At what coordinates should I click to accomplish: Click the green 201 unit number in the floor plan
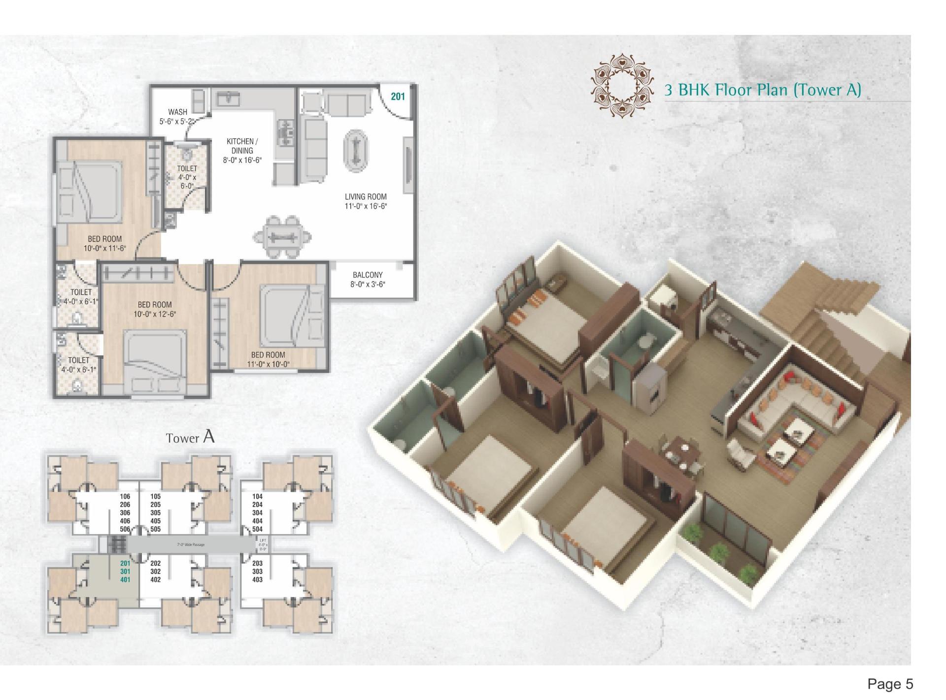tap(398, 96)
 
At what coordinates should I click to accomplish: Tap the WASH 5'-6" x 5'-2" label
tap(177, 117)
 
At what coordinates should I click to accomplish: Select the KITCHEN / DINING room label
tap(242, 150)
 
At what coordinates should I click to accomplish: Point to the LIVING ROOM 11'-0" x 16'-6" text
tap(366, 201)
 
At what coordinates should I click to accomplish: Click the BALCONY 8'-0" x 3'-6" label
tap(368, 280)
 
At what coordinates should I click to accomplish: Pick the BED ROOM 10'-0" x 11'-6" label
tap(105, 244)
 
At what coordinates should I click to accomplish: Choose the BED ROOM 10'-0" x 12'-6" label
tap(155, 309)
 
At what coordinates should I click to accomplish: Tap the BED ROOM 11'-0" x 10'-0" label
tap(268, 359)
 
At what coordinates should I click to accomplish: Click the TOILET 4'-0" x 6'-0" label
tap(187, 177)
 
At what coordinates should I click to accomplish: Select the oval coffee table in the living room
tap(355, 151)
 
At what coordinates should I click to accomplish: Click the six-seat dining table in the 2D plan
tap(282, 237)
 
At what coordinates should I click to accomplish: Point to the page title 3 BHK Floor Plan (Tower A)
tap(762, 90)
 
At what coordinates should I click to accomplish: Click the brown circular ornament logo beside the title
tap(624, 86)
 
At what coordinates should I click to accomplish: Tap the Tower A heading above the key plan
tap(190, 437)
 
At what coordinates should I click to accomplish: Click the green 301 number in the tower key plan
tap(125, 572)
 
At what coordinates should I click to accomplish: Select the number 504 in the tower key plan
tap(257, 529)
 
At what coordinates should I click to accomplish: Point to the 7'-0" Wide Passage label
tap(191, 545)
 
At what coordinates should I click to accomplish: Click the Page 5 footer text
tap(890, 684)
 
